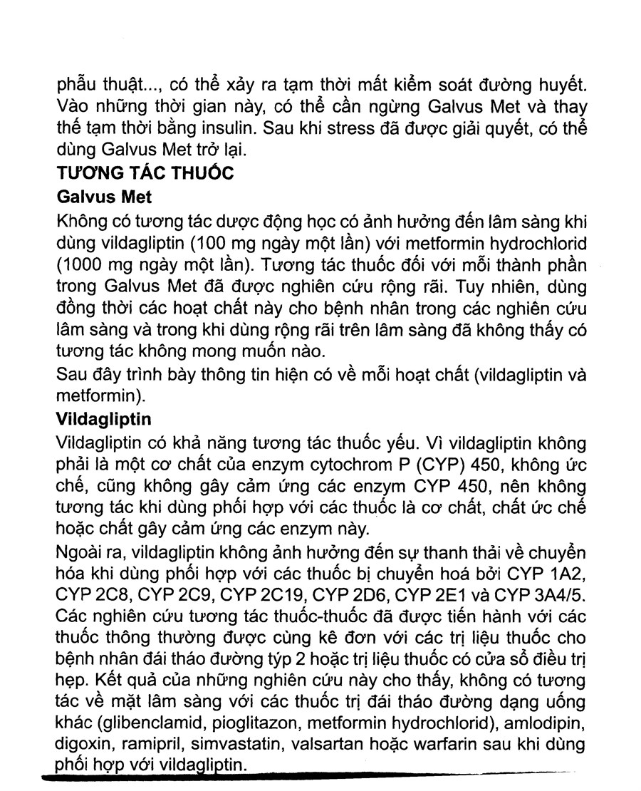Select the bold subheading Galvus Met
click(x=103, y=195)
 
